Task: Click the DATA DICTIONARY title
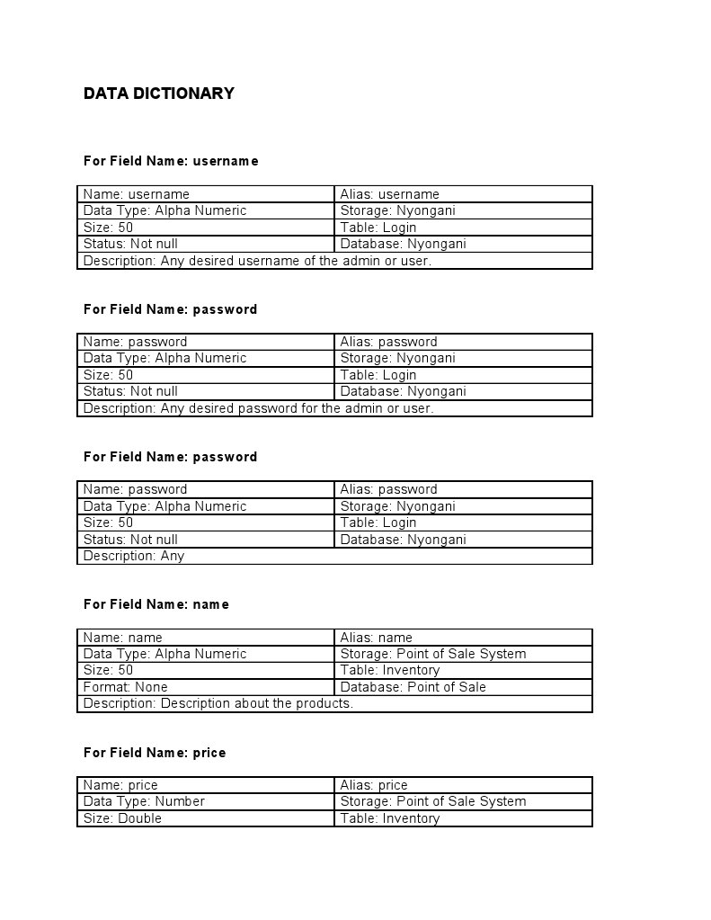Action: (x=159, y=94)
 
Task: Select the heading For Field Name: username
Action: (x=171, y=161)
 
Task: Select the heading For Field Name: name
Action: (x=156, y=604)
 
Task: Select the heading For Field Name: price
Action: (x=155, y=753)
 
